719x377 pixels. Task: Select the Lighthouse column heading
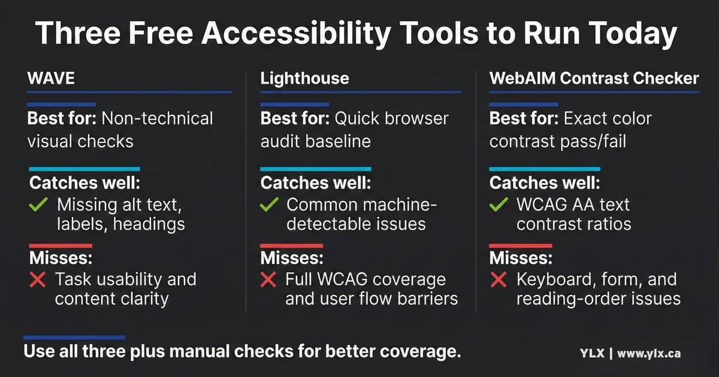click(304, 78)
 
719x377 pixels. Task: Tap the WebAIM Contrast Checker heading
click(594, 78)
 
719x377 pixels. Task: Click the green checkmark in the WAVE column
click(38, 205)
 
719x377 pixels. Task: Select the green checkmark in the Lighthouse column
click(270, 205)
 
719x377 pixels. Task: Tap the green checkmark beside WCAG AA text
click(499, 205)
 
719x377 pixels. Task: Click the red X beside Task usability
click(37, 280)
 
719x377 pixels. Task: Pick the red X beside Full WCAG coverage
click(269, 280)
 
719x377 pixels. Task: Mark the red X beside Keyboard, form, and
click(499, 280)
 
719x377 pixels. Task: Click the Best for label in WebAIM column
click(524, 118)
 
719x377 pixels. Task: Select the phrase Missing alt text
click(118, 205)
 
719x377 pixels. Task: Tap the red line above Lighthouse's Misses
click(291, 245)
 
